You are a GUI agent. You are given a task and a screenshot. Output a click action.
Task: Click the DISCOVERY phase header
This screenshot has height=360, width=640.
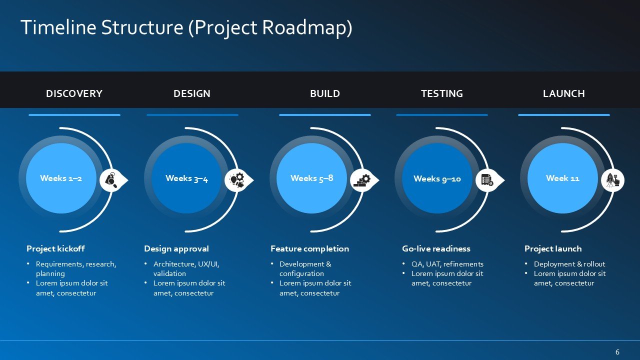[x=74, y=93]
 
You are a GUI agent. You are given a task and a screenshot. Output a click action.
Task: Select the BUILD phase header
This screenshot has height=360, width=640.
[x=325, y=93]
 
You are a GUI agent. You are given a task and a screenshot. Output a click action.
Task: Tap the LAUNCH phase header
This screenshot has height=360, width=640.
[x=563, y=93]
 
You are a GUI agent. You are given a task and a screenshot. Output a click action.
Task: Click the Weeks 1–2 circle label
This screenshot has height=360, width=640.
[x=61, y=178]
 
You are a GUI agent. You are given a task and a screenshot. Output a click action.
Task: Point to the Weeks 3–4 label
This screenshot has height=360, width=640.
[x=186, y=178]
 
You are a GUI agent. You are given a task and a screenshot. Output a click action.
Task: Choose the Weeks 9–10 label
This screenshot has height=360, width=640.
[x=437, y=179]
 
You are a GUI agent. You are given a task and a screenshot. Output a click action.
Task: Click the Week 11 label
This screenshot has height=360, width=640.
[x=562, y=178]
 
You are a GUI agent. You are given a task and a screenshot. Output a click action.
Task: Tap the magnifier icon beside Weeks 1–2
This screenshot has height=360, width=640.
[x=111, y=180]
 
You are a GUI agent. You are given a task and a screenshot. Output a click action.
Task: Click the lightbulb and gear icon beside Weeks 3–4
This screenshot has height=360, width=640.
[x=237, y=180]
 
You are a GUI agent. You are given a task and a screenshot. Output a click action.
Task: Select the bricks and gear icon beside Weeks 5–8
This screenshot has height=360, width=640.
[x=362, y=180]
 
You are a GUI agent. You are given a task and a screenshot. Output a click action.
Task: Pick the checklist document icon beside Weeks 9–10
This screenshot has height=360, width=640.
[x=487, y=180]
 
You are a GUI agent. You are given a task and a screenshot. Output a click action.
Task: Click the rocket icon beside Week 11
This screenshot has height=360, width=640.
[x=612, y=180]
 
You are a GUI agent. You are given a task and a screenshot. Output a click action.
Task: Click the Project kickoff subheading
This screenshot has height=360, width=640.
[x=55, y=248]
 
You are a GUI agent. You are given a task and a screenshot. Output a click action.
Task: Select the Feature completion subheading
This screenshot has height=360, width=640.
[x=309, y=249]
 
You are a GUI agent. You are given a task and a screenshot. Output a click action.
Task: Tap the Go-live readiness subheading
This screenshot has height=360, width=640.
[x=436, y=248]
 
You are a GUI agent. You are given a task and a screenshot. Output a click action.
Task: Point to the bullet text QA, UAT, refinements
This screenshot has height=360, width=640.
[x=447, y=264]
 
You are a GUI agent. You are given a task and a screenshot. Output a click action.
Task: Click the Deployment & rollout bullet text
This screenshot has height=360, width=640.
[x=569, y=264]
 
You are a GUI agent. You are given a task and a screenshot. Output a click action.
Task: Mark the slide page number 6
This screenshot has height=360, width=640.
[x=617, y=351]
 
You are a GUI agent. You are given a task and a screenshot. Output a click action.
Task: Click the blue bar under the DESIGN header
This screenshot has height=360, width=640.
[x=192, y=115]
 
